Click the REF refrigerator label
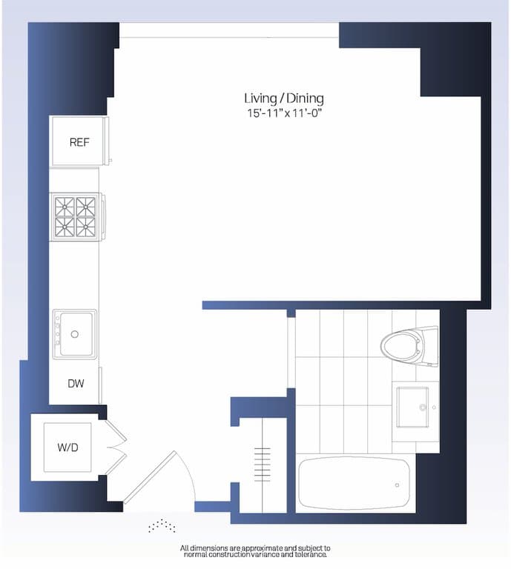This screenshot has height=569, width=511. (x=79, y=142)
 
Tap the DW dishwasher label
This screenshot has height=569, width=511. (x=75, y=384)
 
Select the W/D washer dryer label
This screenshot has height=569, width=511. (x=67, y=447)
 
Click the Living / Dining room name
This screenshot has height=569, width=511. (x=284, y=98)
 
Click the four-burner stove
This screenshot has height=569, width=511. (x=76, y=216)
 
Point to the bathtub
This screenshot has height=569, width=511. (x=354, y=483)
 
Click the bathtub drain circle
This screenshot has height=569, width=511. (x=397, y=485)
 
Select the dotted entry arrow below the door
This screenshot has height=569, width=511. (x=162, y=525)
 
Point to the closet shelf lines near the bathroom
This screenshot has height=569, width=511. (x=263, y=464)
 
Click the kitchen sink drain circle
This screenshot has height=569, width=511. (x=74, y=335)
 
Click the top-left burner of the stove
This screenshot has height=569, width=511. (x=65, y=206)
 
